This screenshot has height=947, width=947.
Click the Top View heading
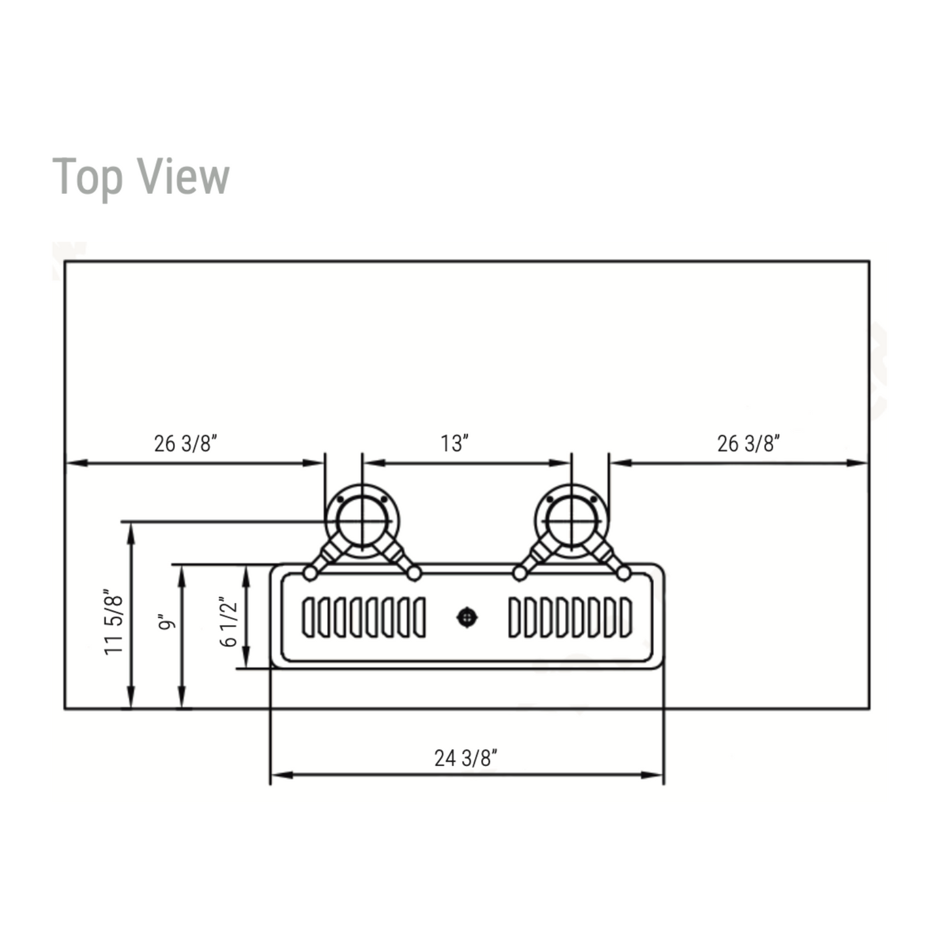[140, 178]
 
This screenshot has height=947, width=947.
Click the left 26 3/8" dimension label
[185, 444]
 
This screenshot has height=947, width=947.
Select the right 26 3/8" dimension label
[748, 444]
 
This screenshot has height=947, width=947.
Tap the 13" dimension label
[455, 444]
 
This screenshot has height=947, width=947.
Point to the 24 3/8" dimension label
[466, 758]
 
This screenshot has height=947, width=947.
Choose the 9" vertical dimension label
[166, 622]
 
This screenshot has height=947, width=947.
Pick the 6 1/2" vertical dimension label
[229, 622]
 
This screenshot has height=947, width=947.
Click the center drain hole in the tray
[467, 618]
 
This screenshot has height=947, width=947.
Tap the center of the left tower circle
[362, 522]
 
